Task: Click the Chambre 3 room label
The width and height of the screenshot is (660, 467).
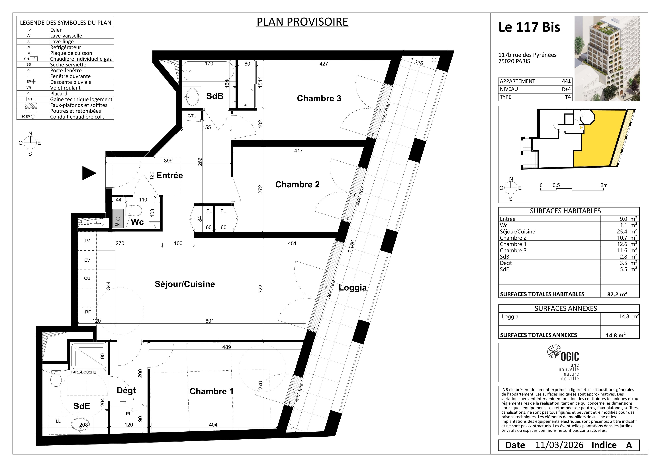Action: tap(319, 98)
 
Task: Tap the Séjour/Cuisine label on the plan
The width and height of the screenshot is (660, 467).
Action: tap(185, 284)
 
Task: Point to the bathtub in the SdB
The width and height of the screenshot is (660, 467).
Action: tap(208, 70)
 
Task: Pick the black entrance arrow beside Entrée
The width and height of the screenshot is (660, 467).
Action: tap(89, 173)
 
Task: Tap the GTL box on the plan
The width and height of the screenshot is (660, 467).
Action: tap(192, 116)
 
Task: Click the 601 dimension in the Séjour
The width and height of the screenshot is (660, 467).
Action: tap(210, 321)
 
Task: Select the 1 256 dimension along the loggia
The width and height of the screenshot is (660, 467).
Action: tap(351, 246)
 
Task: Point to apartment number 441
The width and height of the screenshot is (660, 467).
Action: tap(566, 81)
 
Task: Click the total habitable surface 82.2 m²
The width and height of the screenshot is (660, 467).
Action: tap(617, 294)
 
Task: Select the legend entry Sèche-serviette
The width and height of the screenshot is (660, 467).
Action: tap(68, 65)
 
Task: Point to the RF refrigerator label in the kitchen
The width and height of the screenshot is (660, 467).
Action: tap(88, 312)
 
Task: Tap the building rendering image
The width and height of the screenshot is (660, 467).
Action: tap(607, 59)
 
